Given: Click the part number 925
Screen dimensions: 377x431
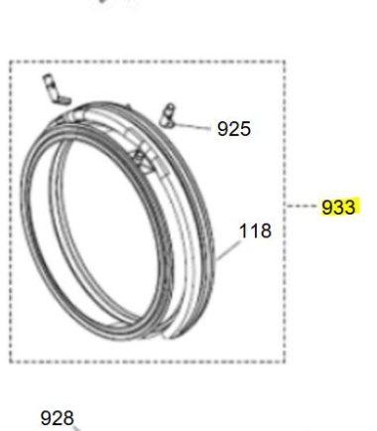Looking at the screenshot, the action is click(x=234, y=129).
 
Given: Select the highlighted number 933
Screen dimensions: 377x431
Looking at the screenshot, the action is click(x=338, y=208).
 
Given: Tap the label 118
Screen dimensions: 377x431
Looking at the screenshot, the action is click(x=255, y=231).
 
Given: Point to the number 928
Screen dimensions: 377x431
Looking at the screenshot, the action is click(x=57, y=418).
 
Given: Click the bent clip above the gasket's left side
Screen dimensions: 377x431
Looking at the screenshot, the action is click(x=56, y=89).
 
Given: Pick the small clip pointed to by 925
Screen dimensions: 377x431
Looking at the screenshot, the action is click(x=167, y=115).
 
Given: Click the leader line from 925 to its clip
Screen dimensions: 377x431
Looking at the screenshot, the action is click(x=191, y=126).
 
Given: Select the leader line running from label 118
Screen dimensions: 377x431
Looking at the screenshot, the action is click(x=228, y=250).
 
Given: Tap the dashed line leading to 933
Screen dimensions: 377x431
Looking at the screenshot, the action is click(x=301, y=206).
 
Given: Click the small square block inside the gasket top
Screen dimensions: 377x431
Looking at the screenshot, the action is click(x=142, y=160).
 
